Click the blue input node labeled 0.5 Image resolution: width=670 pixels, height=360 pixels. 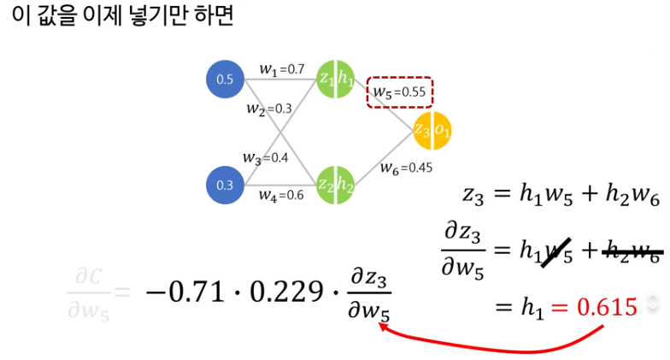pyautogui.click(x=225, y=80)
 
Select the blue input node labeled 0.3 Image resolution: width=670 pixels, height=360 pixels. pyautogui.click(x=225, y=184)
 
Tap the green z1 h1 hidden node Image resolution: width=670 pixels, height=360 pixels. pyautogui.click(x=336, y=79)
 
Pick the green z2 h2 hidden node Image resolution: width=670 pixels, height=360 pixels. pyautogui.click(x=336, y=184)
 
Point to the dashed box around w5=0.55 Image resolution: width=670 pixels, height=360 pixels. pyautogui.click(x=400, y=92)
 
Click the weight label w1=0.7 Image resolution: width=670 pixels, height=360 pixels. pyautogui.click(x=281, y=68)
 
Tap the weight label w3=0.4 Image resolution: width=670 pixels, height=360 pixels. pyautogui.click(x=265, y=157)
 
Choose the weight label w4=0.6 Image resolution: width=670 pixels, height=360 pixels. pyautogui.click(x=281, y=195)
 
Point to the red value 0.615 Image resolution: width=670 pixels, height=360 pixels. pyautogui.click(x=608, y=306)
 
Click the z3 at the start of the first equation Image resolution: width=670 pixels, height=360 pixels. pyautogui.click(x=473, y=197)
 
